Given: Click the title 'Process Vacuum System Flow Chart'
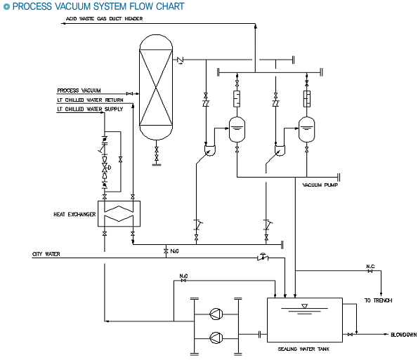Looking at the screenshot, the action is pyautogui.click(x=98, y=6).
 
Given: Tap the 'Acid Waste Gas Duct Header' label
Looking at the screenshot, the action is pyautogui.click(x=104, y=19).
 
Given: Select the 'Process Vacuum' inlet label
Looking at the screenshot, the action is pyautogui.click(x=79, y=91).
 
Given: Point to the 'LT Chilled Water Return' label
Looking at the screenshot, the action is pyautogui.click(x=90, y=100).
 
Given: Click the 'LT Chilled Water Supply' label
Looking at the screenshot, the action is pyautogui.click(x=90, y=109).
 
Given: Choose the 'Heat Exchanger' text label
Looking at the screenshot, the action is pyautogui.click(x=74, y=214).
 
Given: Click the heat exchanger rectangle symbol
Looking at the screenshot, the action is pyautogui.click(x=119, y=214).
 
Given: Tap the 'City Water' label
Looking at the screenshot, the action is pyautogui.click(x=46, y=254).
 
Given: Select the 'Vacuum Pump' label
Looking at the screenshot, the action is pyautogui.click(x=320, y=185).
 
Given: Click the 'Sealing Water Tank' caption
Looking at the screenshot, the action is pyautogui.click(x=303, y=349).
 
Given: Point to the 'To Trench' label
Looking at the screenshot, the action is pyautogui.click(x=378, y=300).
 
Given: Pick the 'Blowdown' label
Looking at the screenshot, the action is pyautogui.click(x=404, y=335).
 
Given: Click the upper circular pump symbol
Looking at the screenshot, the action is pyautogui.click(x=216, y=314).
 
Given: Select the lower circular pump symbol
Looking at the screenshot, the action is pyautogui.click(x=216, y=338).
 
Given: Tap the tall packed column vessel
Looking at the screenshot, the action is pyautogui.click(x=156, y=87).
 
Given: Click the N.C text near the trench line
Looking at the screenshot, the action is pyautogui.click(x=370, y=266).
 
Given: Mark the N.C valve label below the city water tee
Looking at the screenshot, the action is pyautogui.click(x=175, y=251).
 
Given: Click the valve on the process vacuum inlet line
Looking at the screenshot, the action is pyautogui.click(x=129, y=94).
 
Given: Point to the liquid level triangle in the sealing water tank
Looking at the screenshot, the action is pyautogui.click(x=304, y=306).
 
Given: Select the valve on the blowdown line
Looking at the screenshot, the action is pyautogui.click(x=351, y=335).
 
